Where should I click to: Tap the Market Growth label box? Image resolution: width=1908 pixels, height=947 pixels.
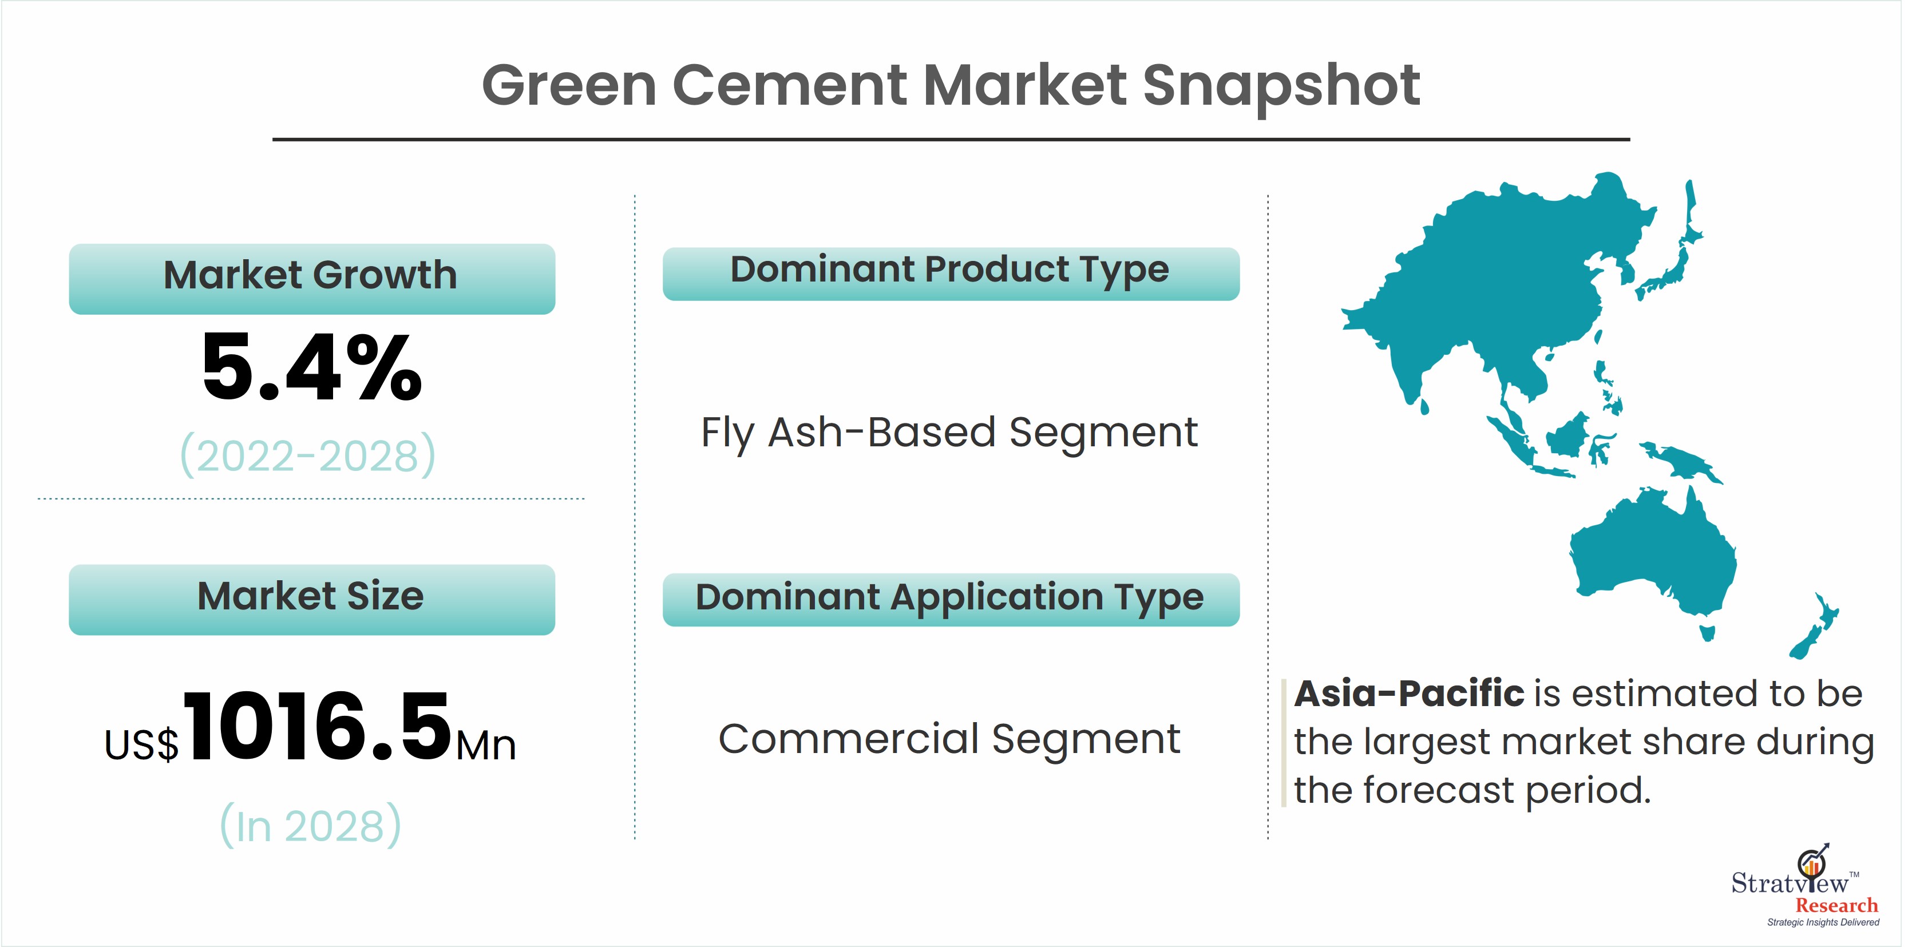coord(312,279)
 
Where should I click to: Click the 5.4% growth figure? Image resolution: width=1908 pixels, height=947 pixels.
coord(312,367)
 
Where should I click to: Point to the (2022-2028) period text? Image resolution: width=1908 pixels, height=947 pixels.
coord(308,455)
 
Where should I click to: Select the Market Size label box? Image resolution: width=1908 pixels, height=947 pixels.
coord(312,600)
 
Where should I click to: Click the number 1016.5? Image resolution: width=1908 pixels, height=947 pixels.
coord(318,726)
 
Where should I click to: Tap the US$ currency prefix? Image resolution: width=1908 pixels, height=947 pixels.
coord(141,745)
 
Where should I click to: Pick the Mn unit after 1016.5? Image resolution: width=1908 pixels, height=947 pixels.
coord(486,746)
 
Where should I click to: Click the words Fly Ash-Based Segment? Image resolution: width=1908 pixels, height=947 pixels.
coord(949,434)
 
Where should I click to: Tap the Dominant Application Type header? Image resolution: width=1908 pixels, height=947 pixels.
coord(951,600)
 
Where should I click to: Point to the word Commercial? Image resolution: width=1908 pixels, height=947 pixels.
coord(849,739)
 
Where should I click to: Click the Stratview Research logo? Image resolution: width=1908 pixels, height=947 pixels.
coord(1805,886)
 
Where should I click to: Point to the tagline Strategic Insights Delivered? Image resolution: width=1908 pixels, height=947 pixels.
coord(1823,922)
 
